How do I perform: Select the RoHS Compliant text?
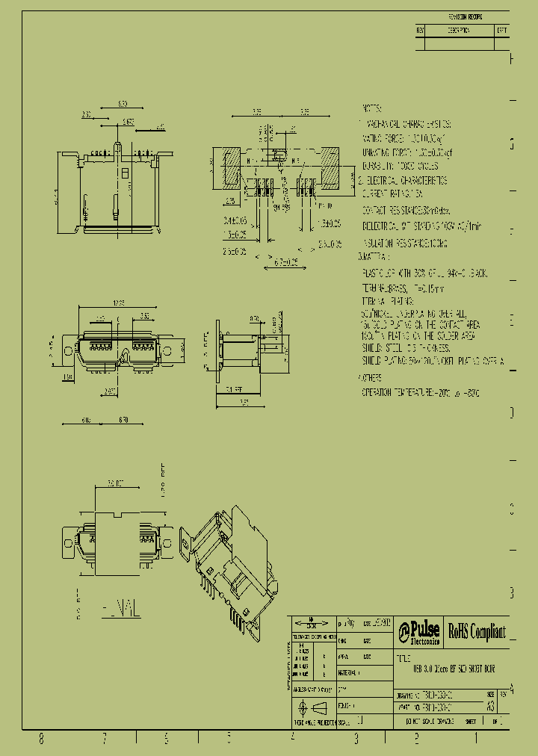click(477, 632)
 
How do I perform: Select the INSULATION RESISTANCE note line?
click(404, 244)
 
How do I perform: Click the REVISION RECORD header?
click(466, 16)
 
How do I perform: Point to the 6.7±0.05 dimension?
click(282, 262)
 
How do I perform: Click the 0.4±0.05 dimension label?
click(235, 220)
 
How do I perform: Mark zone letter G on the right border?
click(512, 145)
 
